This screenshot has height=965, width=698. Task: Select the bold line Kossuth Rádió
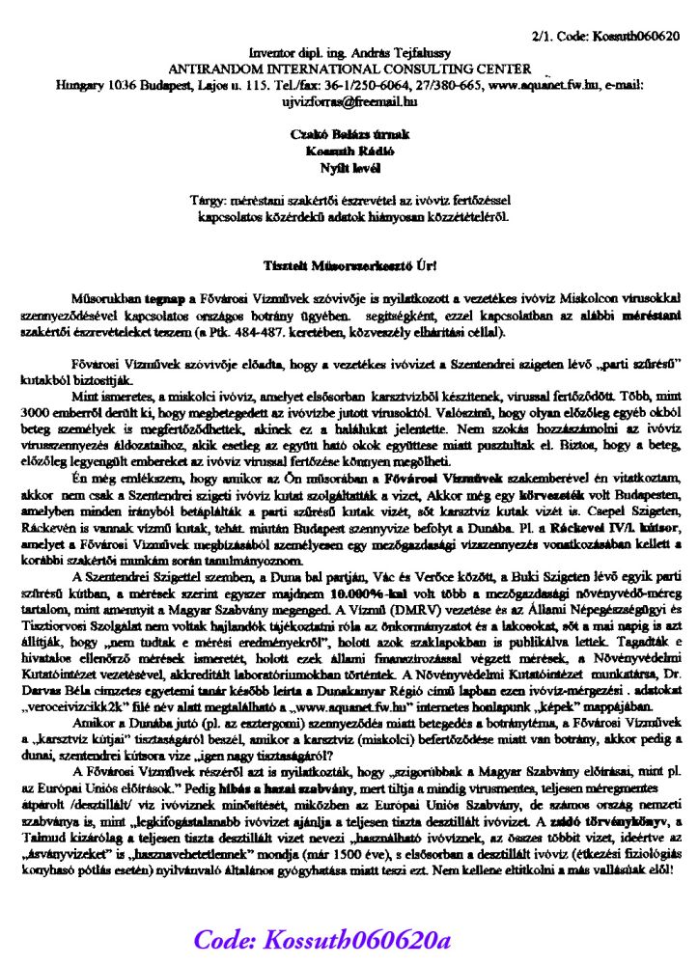click(349, 152)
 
